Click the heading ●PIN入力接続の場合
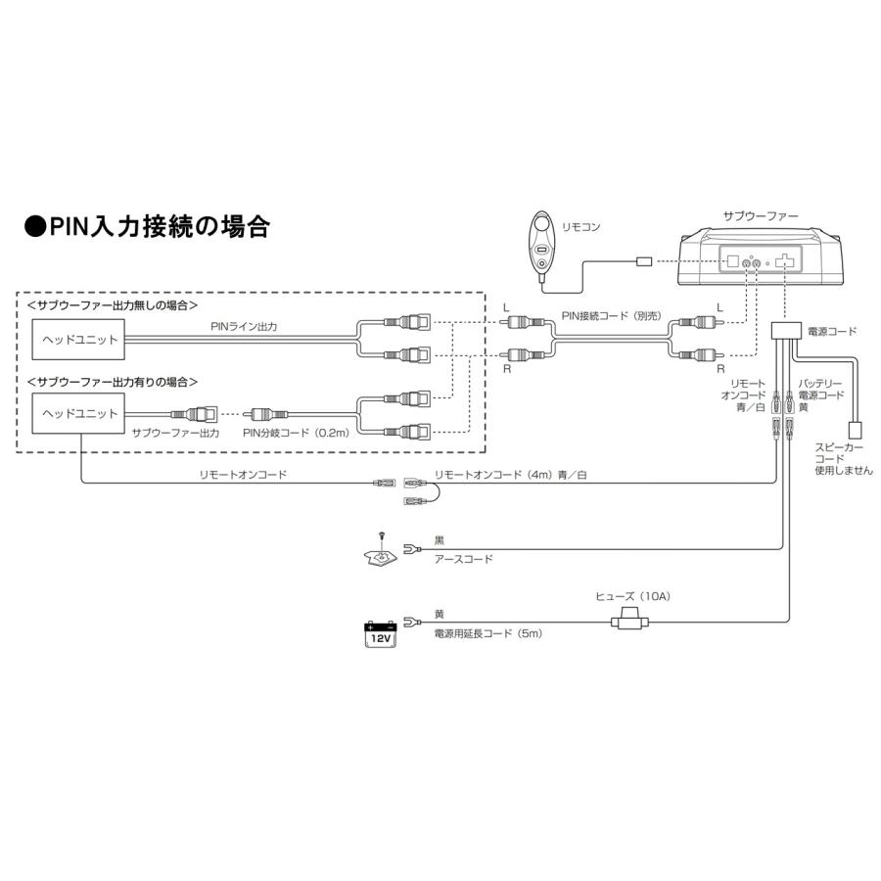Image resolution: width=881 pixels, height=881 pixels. pyautogui.click(x=147, y=227)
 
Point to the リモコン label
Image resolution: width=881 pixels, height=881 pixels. pyautogui.click(x=582, y=227)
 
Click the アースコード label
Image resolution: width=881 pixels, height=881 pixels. pyautogui.click(x=463, y=559)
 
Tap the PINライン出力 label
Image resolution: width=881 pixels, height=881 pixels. pyautogui.click(x=243, y=327)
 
